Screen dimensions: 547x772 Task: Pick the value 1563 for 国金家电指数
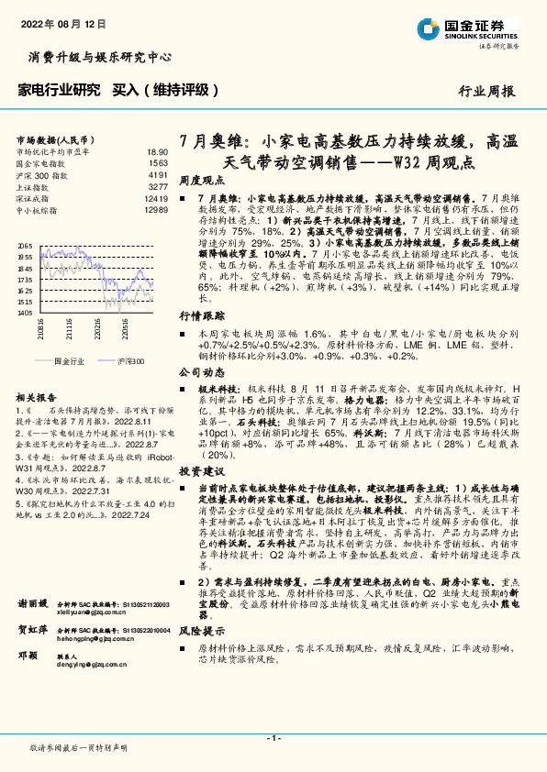tap(157, 162)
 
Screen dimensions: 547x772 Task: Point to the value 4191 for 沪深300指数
tap(157, 174)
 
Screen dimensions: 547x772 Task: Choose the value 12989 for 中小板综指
tap(155, 211)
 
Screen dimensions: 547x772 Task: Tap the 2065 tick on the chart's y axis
tap(25, 246)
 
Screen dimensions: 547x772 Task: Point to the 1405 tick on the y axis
tap(25, 313)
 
